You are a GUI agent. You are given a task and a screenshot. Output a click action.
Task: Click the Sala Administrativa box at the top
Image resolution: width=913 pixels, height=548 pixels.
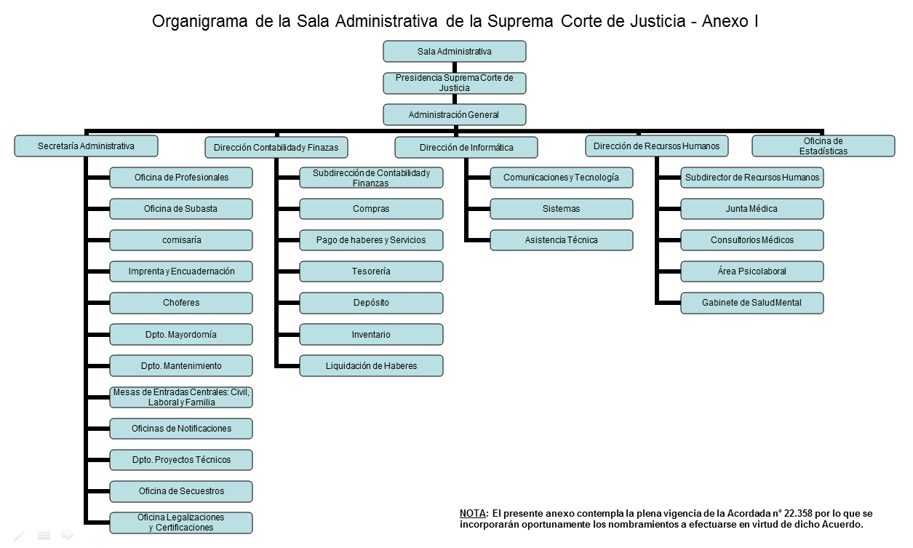click(x=455, y=52)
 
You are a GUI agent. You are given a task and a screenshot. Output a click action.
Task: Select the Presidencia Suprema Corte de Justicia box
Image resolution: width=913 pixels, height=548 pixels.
click(x=455, y=83)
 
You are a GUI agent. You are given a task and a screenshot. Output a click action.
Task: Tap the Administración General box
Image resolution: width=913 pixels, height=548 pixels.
click(x=455, y=114)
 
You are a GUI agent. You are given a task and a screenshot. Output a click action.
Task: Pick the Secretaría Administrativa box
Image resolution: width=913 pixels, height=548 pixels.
click(x=86, y=146)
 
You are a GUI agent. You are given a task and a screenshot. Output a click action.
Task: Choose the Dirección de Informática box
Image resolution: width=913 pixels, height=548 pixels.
click(x=466, y=147)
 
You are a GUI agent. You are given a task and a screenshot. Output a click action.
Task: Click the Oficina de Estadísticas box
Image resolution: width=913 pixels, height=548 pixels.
click(x=824, y=146)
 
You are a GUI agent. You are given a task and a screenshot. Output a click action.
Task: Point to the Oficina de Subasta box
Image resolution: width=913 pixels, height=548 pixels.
click(x=181, y=209)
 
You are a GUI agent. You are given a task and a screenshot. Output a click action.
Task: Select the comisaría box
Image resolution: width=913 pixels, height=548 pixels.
click(x=181, y=240)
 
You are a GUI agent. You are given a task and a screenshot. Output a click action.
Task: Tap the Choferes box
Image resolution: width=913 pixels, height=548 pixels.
click(x=181, y=303)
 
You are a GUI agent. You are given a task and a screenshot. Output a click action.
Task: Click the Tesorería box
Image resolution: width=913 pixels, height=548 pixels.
click(x=371, y=271)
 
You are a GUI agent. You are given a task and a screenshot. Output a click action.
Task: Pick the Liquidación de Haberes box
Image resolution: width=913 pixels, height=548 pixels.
click(x=371, y=366)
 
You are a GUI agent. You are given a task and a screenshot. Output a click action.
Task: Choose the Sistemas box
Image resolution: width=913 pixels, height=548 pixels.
click(x=562, y=209)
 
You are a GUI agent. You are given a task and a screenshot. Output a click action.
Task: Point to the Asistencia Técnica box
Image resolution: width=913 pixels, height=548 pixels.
click(x=562, y=240)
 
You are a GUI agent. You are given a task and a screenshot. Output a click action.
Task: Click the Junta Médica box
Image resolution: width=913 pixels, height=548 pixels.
click(x=752, y=209)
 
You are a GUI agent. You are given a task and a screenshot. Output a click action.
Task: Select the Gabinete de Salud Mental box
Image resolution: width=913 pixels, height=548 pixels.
click(x=752, y=303)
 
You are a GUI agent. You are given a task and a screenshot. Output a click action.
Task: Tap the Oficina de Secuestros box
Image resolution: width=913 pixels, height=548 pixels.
click(x=181, y=491)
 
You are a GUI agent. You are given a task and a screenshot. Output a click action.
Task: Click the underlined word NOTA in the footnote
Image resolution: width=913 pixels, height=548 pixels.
click(x=472, y=513)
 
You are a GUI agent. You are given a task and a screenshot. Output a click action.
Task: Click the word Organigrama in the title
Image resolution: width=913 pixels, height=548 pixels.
click(x=200, y=22)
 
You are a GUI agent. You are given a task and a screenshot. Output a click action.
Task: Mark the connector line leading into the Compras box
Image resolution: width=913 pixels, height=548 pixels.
click(x=289, y=209)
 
